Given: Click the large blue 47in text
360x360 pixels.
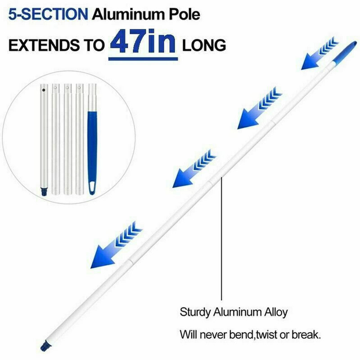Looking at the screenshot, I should [x=143, y=43].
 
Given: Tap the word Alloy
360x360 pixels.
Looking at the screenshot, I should [x=275, y=312].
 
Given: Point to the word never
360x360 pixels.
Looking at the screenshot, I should [x=211, y=335].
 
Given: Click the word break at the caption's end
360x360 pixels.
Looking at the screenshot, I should [x=307, y=335].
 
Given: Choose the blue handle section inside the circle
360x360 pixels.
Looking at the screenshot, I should [x=92, y=148].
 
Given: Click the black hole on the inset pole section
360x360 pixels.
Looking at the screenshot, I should [x=44, y=90].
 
